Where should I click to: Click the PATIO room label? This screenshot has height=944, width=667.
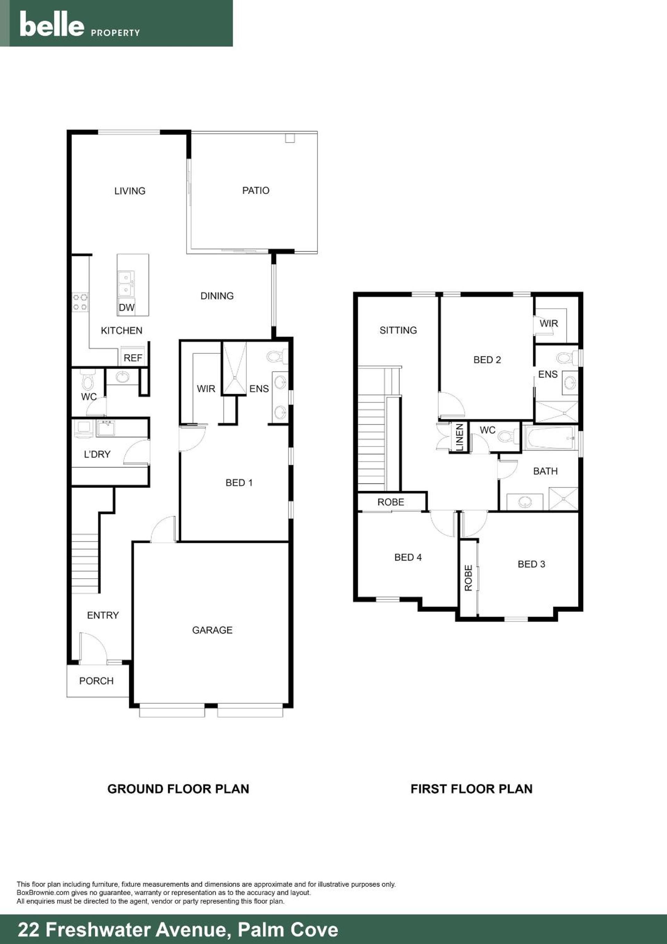(255, 190)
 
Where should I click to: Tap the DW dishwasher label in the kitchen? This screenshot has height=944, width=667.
(126, 308)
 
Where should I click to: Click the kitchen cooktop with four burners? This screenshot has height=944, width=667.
(80, 302)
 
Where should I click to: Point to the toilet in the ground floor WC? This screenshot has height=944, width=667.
(88, 380)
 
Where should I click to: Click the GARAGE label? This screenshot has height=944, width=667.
(212, 630)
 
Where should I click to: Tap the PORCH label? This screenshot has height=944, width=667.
(96, 681)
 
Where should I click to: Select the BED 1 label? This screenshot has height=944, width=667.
(239, 483)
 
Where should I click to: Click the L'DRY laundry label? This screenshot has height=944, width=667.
(97, 454)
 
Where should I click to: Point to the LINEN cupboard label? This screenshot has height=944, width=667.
(460, 438)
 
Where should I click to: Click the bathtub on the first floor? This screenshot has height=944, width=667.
(550, 438)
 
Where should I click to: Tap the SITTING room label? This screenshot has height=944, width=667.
(398, 330)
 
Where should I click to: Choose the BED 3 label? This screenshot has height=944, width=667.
(531, 564)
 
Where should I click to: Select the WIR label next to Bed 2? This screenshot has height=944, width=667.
(548, 324)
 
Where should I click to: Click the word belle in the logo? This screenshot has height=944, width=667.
(52, 24)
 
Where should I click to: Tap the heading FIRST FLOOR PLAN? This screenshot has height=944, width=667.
(471, 789)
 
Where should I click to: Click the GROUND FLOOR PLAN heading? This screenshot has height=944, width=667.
(178, 789)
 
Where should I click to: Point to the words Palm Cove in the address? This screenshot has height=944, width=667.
(288, 930)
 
